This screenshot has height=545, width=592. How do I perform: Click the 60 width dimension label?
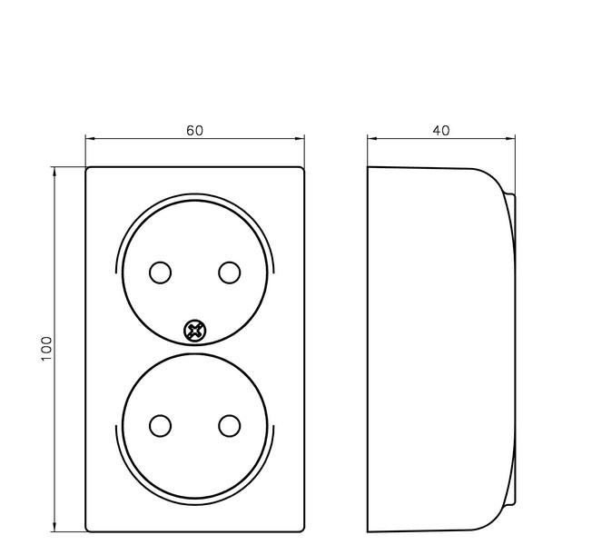(195, 130)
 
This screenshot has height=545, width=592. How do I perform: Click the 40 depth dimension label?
(441, 130)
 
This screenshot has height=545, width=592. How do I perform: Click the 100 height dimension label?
(46, 349)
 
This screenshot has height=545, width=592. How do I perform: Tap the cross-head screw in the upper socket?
(195, 332)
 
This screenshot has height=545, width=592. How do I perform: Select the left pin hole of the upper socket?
(160, 272)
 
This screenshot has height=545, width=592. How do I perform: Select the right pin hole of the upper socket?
(229, 272)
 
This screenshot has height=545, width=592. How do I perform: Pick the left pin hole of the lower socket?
(160, 426)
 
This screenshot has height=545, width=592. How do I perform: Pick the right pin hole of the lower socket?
(229, 426)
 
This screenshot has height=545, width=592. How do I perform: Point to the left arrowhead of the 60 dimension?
(90, 139)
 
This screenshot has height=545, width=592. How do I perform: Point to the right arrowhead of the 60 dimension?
(300, 139)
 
